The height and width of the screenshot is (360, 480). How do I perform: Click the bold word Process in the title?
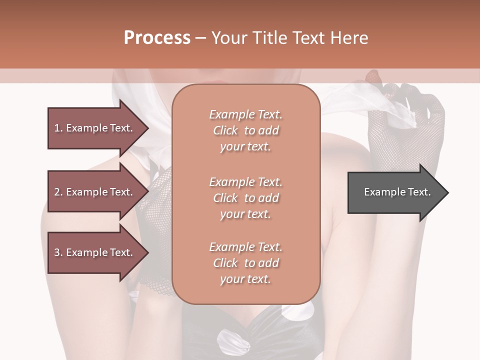157,38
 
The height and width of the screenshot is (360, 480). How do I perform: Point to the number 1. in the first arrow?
58,128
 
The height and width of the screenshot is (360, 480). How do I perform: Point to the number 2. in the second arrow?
58,192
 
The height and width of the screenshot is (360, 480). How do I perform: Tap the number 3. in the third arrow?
58,252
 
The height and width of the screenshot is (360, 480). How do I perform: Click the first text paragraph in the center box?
245,130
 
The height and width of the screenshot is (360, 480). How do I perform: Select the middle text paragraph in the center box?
245,198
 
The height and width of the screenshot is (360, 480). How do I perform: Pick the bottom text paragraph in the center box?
245,263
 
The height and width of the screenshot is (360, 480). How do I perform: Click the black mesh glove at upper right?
410,120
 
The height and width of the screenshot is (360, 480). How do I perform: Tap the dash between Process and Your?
200,38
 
